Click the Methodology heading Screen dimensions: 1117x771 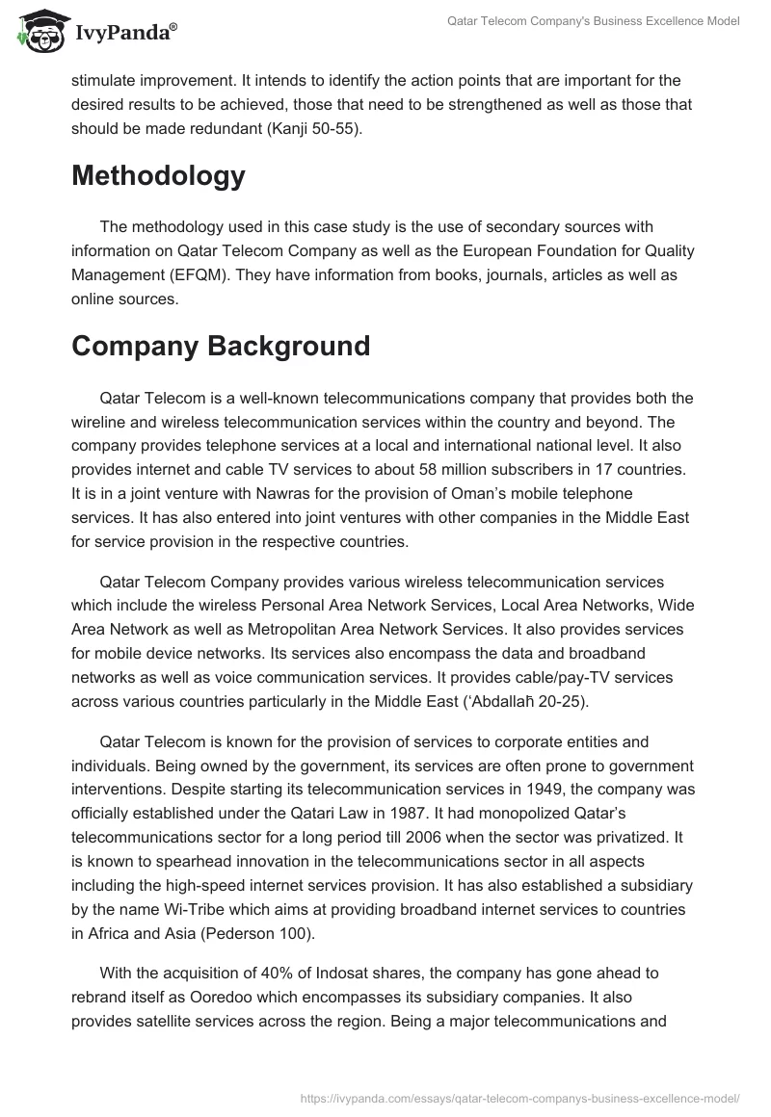coord(158,176)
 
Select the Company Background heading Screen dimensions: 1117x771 coord(221,346)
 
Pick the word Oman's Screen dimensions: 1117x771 coord(485,494)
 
